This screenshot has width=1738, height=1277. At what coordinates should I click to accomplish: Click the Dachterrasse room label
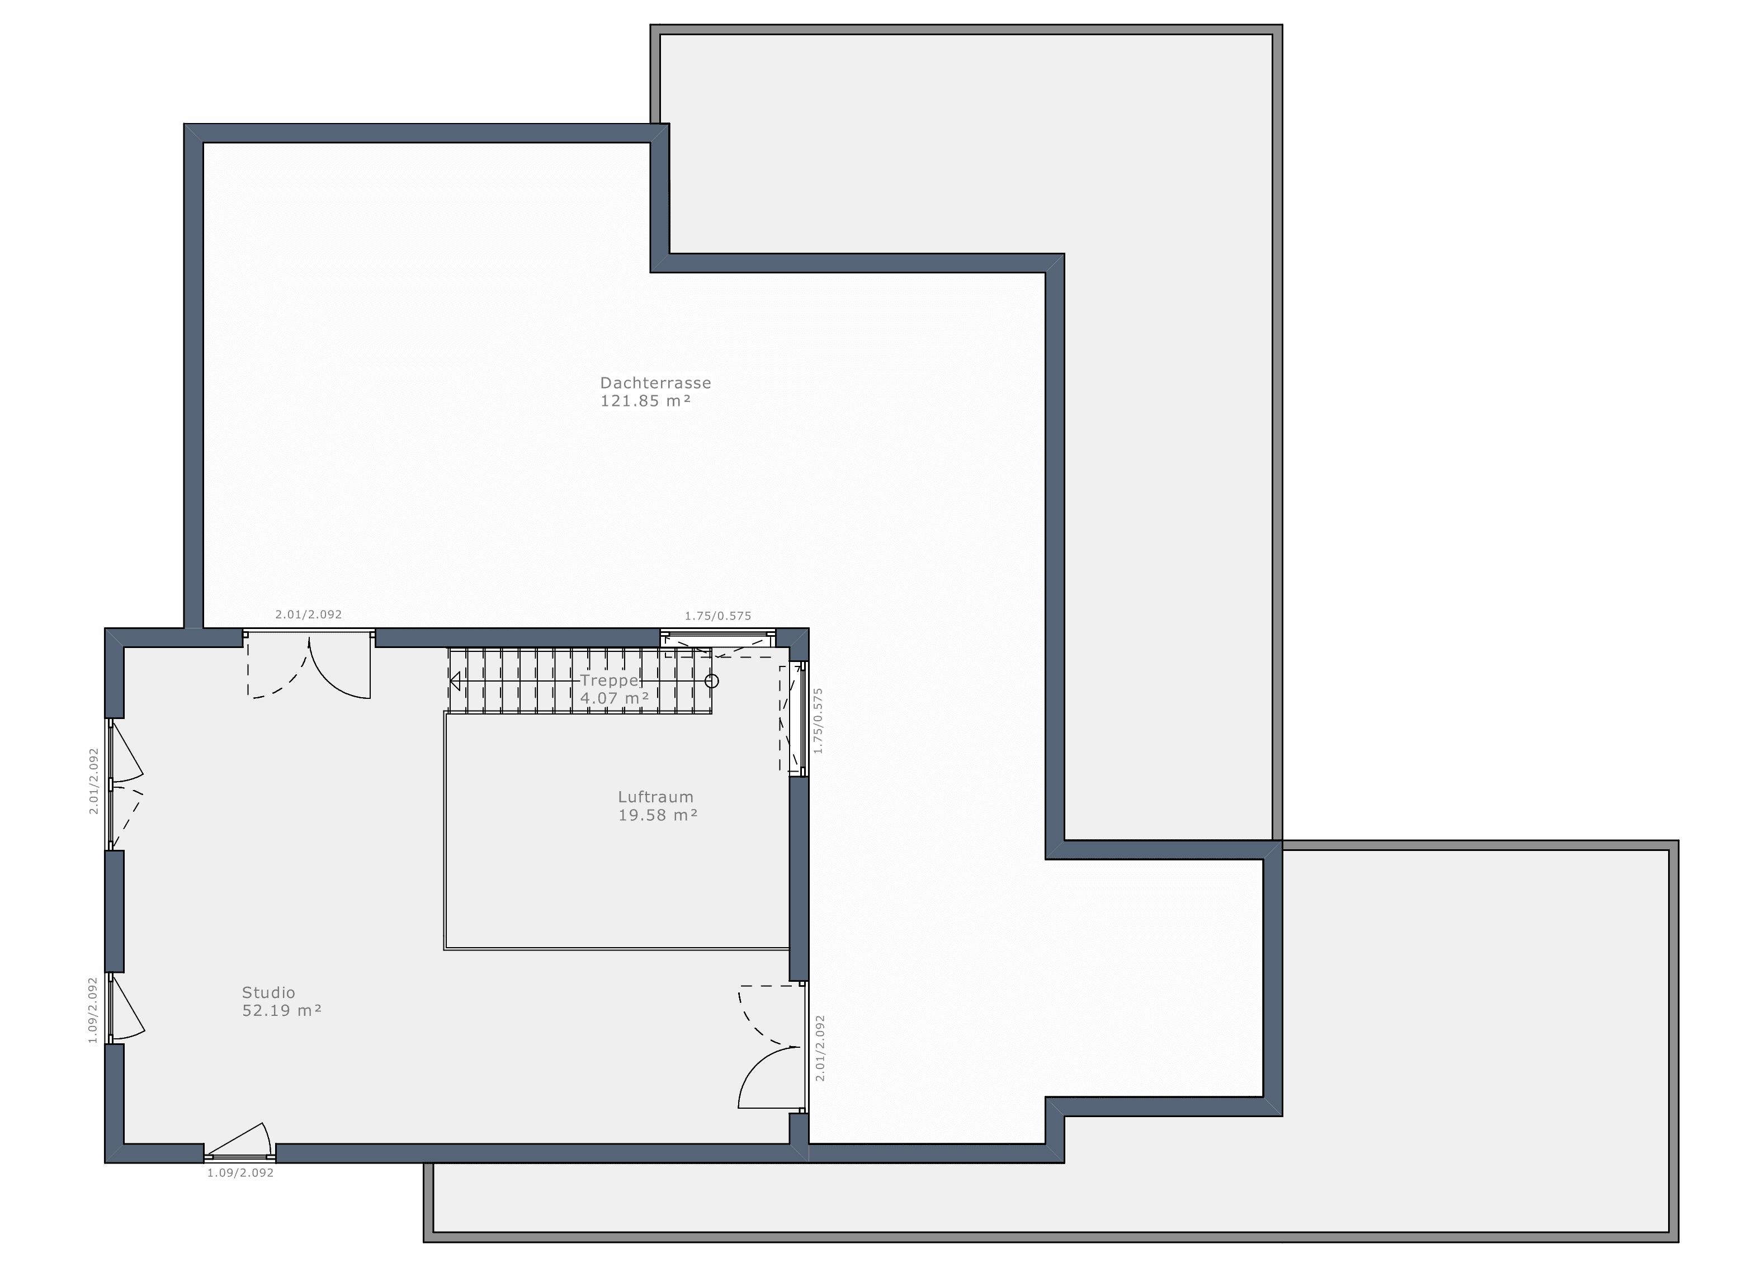click(x=655, y=382)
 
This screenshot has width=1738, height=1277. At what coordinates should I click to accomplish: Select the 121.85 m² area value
click(x=645, y=401)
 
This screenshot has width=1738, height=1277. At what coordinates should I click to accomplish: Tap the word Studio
click(x=268, y=992)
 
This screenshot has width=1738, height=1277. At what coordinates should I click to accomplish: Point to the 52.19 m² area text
click(x=281, y=1011)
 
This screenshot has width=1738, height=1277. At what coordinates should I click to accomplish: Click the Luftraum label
click(x=655, y=797)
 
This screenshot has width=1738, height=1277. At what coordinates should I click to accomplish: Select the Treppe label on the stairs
click(x=609, y=680)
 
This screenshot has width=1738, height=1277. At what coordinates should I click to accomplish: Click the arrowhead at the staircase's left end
click(x=455, y=681)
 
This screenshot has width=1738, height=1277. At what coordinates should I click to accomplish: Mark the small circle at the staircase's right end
click(x=712, y=681)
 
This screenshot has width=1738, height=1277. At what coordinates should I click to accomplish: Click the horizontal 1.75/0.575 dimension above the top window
click(x=717, y=616)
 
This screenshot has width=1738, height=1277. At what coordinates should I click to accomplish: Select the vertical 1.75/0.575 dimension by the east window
click(x=819, y=721)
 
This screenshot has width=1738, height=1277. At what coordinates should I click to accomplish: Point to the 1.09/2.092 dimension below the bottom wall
click(x=240, y=1172)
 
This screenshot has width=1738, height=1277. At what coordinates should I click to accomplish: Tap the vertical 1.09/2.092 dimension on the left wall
click(x=93, y=1010)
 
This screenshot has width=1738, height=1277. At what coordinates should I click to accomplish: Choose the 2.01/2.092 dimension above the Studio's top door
click(x=309, y=614)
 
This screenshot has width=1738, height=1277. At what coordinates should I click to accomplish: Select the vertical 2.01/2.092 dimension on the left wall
click(x=93, y=781)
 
